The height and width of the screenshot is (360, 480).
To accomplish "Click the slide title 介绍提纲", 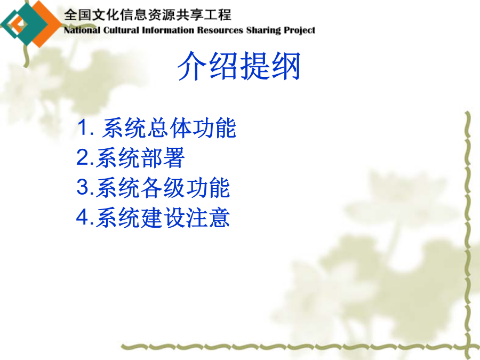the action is tap(239, 66).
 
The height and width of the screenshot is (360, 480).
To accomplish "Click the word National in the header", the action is tap(82, 30).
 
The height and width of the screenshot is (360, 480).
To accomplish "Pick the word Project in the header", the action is tap(299, 30).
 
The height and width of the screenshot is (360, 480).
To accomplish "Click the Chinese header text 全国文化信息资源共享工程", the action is tap(147, 15).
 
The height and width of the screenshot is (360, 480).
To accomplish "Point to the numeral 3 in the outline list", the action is tap(82, 187).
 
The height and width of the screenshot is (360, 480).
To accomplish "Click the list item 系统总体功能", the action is tap(169, 128).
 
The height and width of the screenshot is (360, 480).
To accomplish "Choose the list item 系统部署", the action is tap(140, 158).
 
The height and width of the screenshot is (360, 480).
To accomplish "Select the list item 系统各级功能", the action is tap(163, 188).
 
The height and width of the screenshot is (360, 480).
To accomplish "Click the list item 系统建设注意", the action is tap(163, 218).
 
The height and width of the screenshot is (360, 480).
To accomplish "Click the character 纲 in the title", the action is tap(286, 66).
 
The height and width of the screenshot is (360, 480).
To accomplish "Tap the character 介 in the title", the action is tap(193, 66).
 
